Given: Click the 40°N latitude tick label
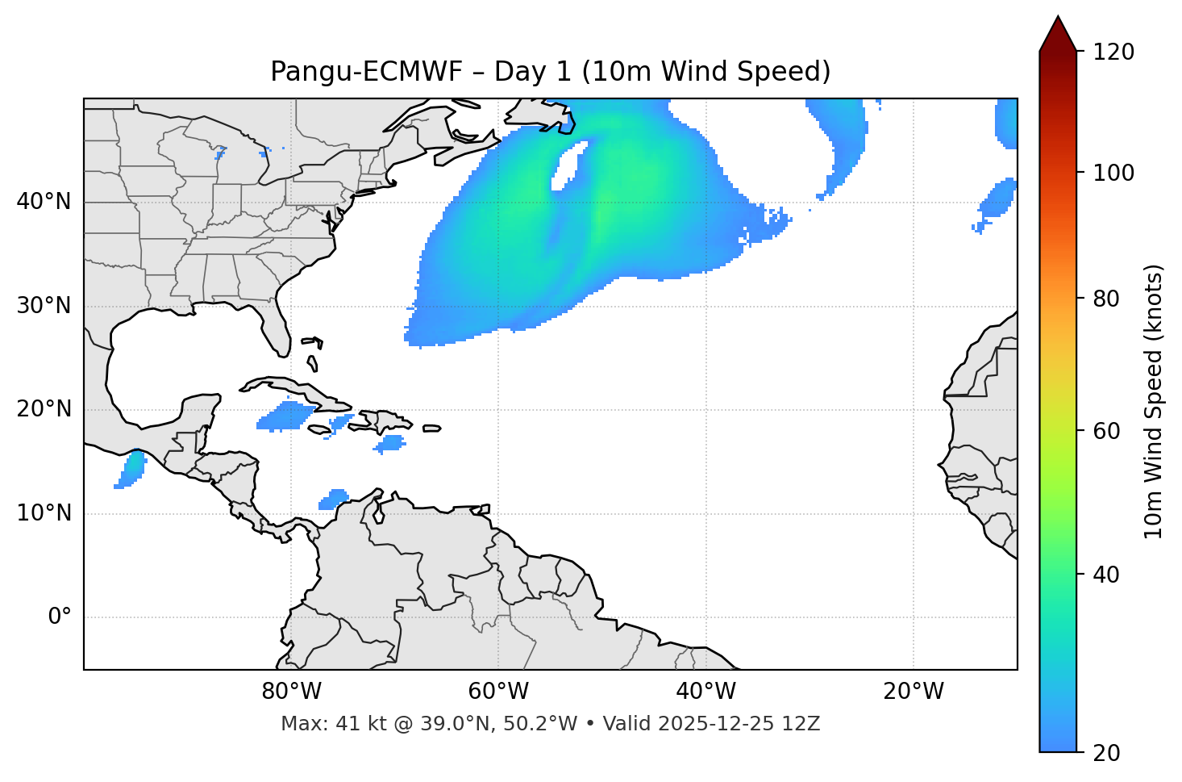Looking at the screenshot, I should coord(44,202).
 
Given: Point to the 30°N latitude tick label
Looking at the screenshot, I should coord(44,306).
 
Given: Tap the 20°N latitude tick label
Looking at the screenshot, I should coord(44,409).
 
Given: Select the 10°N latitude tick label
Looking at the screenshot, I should coord(44,513).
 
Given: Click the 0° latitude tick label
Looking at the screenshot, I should coord(59,617).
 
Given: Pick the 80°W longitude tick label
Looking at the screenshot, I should coord(291,692).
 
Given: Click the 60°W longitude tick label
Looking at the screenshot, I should coord(498,692).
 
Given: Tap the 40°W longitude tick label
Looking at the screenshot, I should coord(705,692).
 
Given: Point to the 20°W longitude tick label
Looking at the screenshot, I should coord(914,692).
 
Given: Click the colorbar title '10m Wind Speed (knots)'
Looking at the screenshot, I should coord(1154,402).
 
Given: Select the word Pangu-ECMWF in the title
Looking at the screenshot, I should coord(366,72).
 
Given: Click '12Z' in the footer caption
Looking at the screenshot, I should coord(803,724).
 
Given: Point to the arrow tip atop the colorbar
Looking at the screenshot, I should coord(1058,18).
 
